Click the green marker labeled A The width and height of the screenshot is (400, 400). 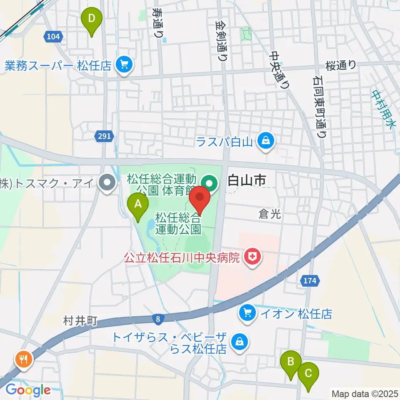(138, 205)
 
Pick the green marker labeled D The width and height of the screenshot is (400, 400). (92, 19)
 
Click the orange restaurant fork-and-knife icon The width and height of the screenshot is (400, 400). (23, 359)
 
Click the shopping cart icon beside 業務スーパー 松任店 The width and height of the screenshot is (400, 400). (124, 65)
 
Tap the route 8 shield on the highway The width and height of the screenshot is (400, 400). (158, 319)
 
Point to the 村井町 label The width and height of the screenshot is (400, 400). (80, 320)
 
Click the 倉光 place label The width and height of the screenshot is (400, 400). (269, 214)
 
